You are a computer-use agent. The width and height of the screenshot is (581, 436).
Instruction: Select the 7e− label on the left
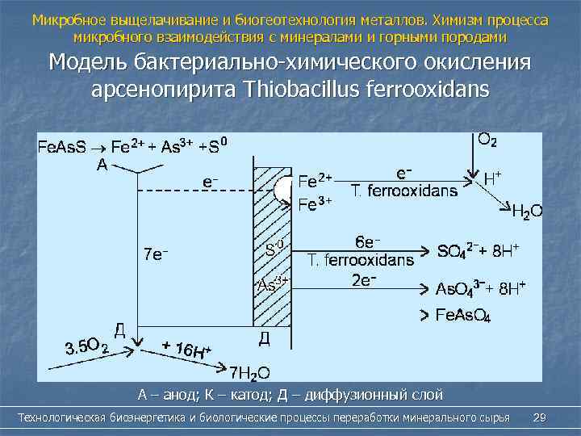click(155, 254)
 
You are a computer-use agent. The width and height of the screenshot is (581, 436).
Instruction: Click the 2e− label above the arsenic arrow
click(366, 279)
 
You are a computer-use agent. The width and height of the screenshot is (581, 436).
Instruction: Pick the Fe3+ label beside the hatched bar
click(315, 204)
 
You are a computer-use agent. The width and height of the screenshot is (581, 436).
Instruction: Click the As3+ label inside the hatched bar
click(273, 285)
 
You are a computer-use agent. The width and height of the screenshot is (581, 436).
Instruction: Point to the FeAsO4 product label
click(463, 315)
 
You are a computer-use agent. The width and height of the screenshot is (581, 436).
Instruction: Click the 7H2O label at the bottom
click(249, 372)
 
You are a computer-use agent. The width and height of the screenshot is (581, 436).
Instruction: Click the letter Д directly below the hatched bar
click(264, 337)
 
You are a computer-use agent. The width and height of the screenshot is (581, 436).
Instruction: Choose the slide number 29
click(540, 417)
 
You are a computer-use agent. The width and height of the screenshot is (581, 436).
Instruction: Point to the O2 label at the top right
click(487, 139)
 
